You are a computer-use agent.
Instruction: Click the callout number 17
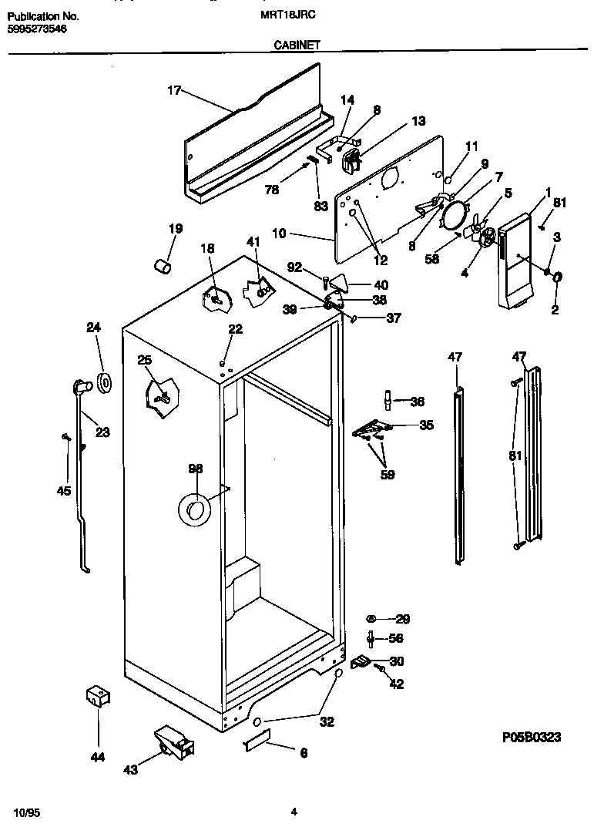coord(173,91)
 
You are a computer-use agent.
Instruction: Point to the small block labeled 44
coord(96,697)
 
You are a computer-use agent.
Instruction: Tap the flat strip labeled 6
coord(257,743)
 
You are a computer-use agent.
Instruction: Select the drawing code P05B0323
coord(531,738)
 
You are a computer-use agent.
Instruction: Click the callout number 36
coord(417,401)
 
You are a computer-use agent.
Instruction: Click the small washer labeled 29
coord(371,619)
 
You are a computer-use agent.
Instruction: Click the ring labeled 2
coord(557,278)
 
